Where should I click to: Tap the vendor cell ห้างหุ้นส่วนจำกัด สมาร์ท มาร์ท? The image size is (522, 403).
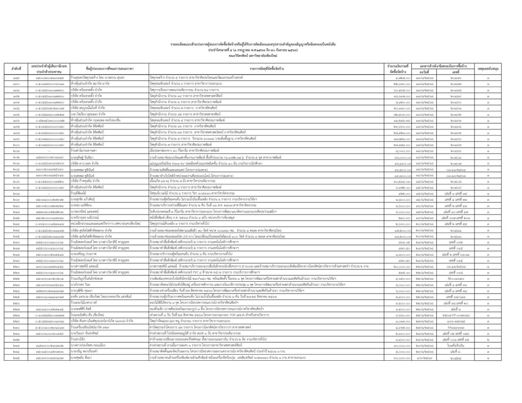click(x=92, y=82)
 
